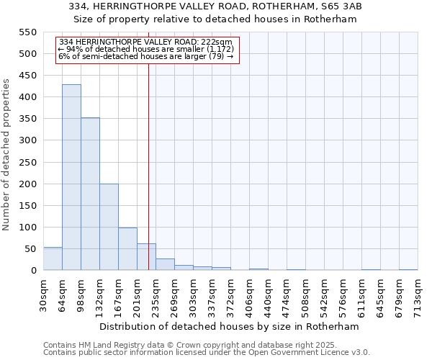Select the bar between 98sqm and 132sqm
[90, 194]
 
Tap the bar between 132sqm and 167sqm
[109, 227]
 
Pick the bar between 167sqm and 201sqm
[127, 249]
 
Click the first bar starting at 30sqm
[53, 258]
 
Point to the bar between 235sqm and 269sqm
[165, 264]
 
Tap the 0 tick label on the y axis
[32, 271]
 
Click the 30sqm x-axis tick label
[44, 294]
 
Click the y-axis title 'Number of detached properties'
[7, 155]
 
